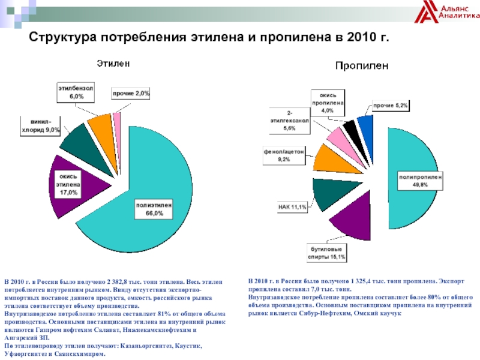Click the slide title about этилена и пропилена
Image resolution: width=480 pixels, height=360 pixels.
[210, 38]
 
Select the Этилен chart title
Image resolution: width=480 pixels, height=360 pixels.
[115, 62]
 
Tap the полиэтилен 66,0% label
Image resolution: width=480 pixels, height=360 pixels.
[154, 209]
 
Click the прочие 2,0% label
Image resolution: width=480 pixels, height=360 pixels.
[131, 94]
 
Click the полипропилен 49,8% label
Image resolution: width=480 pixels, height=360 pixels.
[420, 181]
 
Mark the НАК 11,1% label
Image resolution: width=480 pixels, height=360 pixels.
[292, 207]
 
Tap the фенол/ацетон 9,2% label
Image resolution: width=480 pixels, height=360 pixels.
[284, 155]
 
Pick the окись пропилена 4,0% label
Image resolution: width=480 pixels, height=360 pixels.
[327, 102]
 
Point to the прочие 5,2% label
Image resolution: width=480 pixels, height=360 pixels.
[391, 106]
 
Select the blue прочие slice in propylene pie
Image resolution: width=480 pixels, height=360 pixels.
[366, 127]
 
